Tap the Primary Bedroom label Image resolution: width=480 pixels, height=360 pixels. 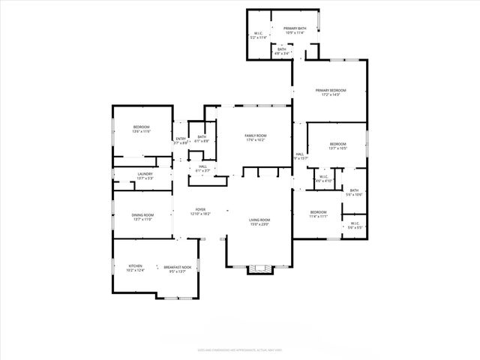coord(330,92)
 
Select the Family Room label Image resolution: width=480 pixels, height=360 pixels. coord(256,138)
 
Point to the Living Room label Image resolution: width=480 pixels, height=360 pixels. coord(259,221)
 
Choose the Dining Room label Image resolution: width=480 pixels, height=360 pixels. coord(142,217)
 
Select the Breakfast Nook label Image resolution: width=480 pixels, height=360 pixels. coord(178,269)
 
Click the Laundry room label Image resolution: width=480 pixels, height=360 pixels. coord(145,175)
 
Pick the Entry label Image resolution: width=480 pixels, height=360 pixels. coord(181,140)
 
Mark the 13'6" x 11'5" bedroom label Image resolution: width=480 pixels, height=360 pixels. coord(142,129)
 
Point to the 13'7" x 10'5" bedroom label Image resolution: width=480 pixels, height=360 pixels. coord(337,145)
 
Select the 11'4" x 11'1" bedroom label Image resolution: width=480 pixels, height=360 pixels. coord(318,214)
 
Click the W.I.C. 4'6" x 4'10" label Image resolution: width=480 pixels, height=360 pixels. coord(324,179)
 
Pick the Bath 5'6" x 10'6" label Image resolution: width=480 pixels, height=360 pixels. coord(354,193)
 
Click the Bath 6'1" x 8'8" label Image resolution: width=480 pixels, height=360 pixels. coord(202,139)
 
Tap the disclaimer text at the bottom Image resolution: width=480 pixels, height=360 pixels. coord(239,349)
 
